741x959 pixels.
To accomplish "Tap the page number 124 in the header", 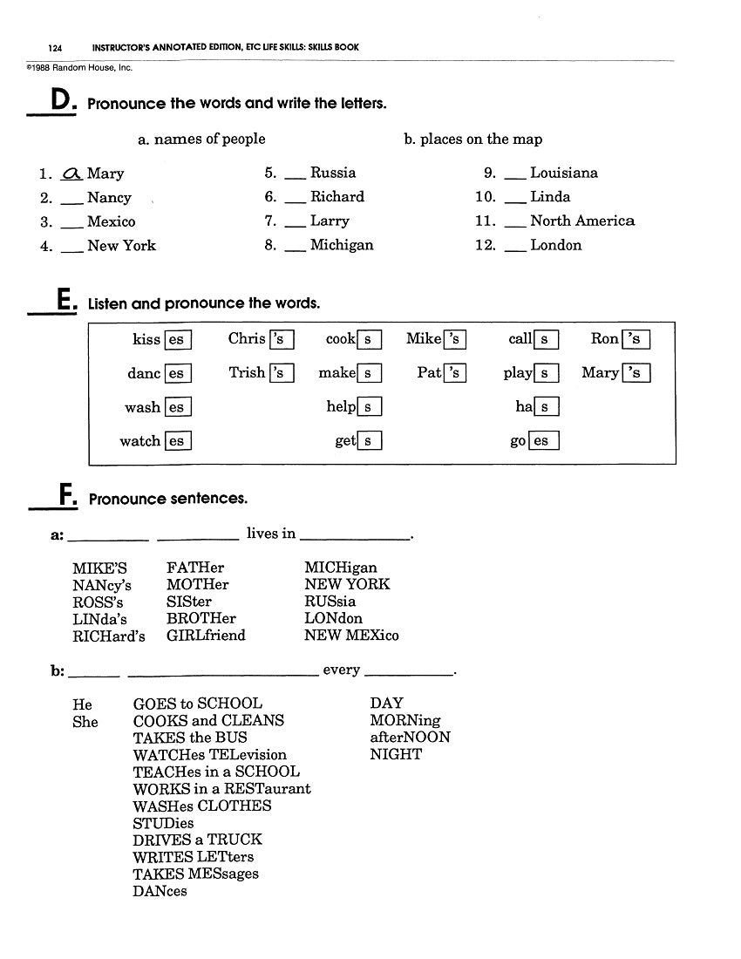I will [55, 47].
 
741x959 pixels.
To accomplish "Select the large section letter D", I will [60, 101].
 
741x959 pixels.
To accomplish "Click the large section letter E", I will [64, 301].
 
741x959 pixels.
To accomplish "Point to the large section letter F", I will [66, 496].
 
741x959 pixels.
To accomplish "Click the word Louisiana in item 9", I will [563, 173].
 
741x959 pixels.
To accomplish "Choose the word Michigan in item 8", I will [342, 245].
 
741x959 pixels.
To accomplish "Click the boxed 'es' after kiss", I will [178, 340].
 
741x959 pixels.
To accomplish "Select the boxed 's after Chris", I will [282, 340].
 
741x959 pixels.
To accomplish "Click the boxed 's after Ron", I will [636, 340].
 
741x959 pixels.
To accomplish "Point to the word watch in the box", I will [140, 441].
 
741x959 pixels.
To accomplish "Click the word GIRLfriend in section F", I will [206, 636].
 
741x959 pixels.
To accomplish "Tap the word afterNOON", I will [410, 738].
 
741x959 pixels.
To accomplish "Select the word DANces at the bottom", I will [160, 891].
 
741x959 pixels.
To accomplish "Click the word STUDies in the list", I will [163, 823].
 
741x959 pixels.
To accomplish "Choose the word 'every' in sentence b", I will [341, 670].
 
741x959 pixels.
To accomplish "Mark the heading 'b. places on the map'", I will [472, 139].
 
